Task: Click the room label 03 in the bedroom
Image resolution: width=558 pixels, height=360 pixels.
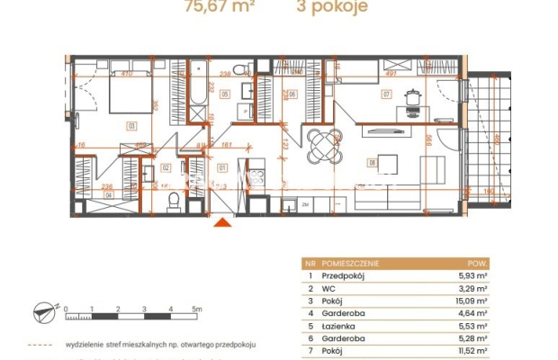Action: click(x=131, y=127)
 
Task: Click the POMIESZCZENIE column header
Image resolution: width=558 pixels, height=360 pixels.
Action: click(x=352, y=263)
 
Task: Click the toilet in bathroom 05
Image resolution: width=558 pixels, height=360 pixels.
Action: click(x=238, y=70)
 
